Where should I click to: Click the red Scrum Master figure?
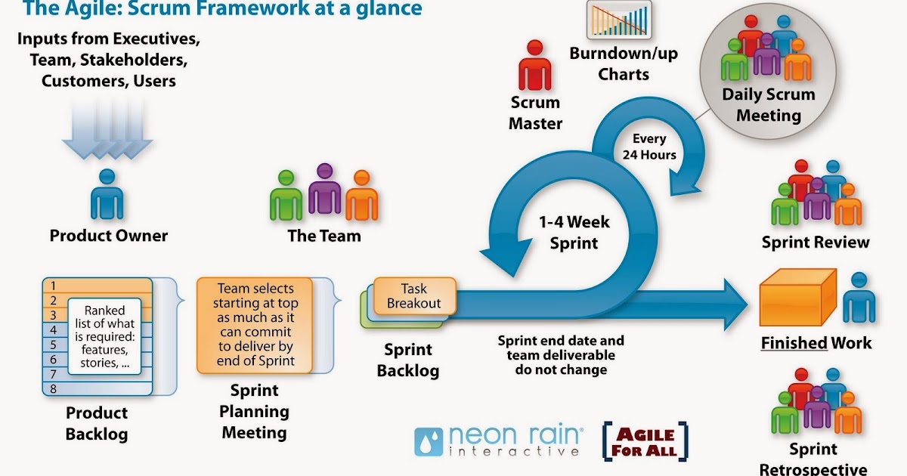click(534, 66)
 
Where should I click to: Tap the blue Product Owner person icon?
click(107, 195)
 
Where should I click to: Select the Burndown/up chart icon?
click(618, 20)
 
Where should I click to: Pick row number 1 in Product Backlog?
click(53, 286)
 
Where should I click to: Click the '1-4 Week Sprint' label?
click(574, 233)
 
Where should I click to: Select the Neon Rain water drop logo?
click(429, 442)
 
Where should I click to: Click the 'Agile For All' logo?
click(645, 443)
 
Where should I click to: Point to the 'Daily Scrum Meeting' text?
click(768, 105)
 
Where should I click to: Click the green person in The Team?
click(286, 196)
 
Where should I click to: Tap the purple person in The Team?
click(324, 189)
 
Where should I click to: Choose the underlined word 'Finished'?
click(794, 343)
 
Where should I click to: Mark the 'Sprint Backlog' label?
click(408, 360)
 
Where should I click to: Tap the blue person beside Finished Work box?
click(859, 298)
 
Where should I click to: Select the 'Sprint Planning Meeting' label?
click(254, 412)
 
